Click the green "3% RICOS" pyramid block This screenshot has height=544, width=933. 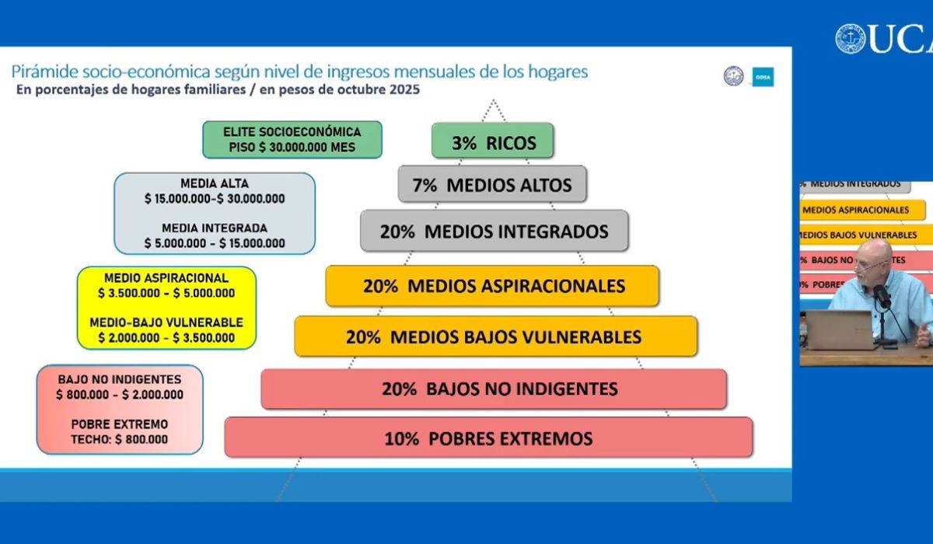[x=493, y=141]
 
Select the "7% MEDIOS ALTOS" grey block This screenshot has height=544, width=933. [x=493, y=185]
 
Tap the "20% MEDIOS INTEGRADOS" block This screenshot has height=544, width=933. [x=494, y=231]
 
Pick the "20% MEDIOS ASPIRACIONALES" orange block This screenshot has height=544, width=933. [x=493, y=286]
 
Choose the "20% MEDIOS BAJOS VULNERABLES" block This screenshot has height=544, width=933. [x=495, y=337]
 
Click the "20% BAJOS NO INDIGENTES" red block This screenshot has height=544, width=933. [x=494, y=389]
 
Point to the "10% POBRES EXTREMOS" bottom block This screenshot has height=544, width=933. [x=488, y=438]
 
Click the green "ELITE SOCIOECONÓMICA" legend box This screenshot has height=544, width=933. [x=292, y=139]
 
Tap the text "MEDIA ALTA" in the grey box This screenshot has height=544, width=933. [x=215, y=184]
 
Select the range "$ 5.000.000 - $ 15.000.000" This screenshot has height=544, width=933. [x=215, y=243]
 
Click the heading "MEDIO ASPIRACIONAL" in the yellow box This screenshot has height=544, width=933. [x=166, y=277]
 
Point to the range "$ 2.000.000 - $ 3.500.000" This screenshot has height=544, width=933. [x=166, y=337]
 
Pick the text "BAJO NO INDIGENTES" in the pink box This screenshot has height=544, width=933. [x=120, y=379]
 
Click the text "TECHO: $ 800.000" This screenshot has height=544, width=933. [x=120, y=439]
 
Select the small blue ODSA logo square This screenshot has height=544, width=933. [x=763, y=77]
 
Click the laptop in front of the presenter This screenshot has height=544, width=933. [x=840, y=330]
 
